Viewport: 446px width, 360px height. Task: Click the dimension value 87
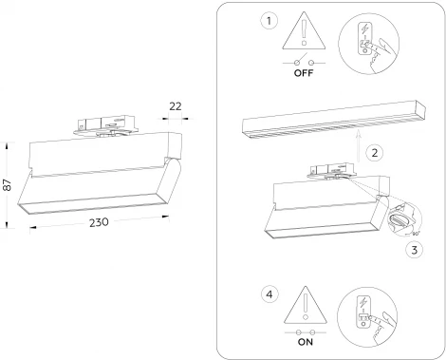pyautogui.click(x=8, y=185)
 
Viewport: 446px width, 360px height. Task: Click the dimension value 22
pyautogui.click(x=177, y=106)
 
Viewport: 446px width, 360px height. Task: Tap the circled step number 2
pyautogui.click(x=376, y=152)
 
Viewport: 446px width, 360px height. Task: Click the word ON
pyautogui.click(x=306, y=344)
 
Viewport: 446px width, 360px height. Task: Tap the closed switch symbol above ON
pyautogui.click(x=306, y=332)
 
